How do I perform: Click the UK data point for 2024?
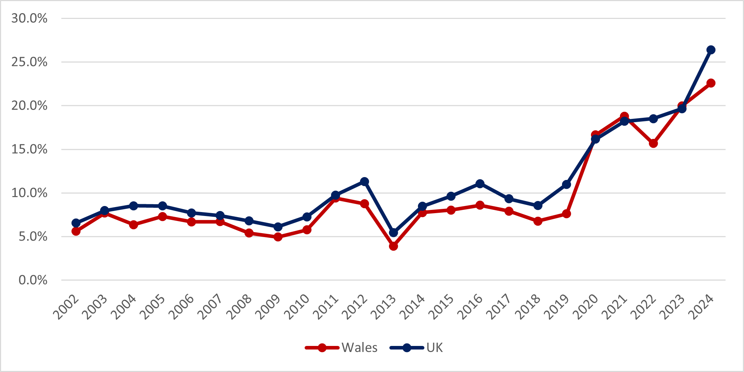click(x=711, y=50)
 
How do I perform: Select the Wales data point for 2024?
click(x=711, y=83)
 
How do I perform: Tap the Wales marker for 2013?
click(x=393, y=246)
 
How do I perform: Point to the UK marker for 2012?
click(x=364, y=181)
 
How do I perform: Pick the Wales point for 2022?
click(x=653, y=144)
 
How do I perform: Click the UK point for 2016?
click(x=480, y=184)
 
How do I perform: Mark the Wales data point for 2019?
click(x=566, y=214)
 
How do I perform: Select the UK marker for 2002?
click(x=76, y=223)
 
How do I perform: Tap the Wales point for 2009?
click(x=278, y=237)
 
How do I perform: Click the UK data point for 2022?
click(x=653, y=119)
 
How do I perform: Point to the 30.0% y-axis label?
click(x=29, y=18)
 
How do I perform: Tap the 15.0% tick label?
click(x=29, y=149)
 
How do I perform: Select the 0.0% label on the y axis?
click(x=33, y=280)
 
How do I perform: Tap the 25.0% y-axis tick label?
click(x=29, y=62)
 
